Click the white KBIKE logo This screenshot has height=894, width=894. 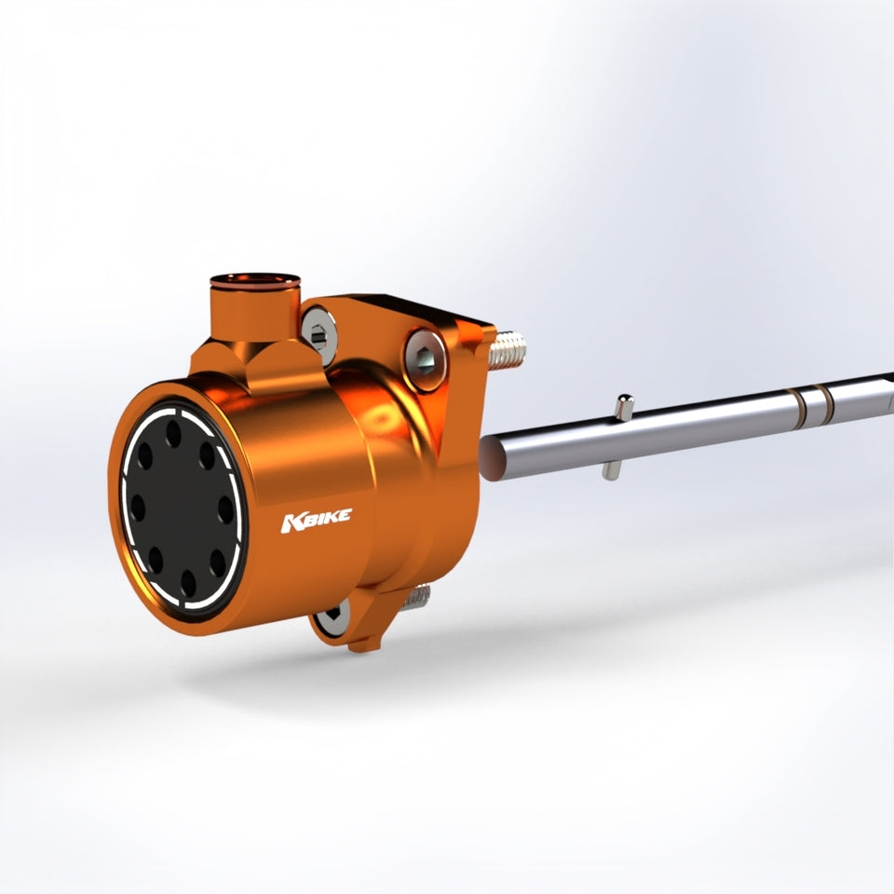[316, 520]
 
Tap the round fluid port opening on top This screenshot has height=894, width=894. [255, 280]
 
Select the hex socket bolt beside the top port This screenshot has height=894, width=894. [318, 335]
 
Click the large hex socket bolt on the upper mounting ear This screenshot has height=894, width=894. [426, 359]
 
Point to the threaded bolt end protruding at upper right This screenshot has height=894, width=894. [508, 349]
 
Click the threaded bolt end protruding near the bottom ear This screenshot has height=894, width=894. [418, 597]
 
